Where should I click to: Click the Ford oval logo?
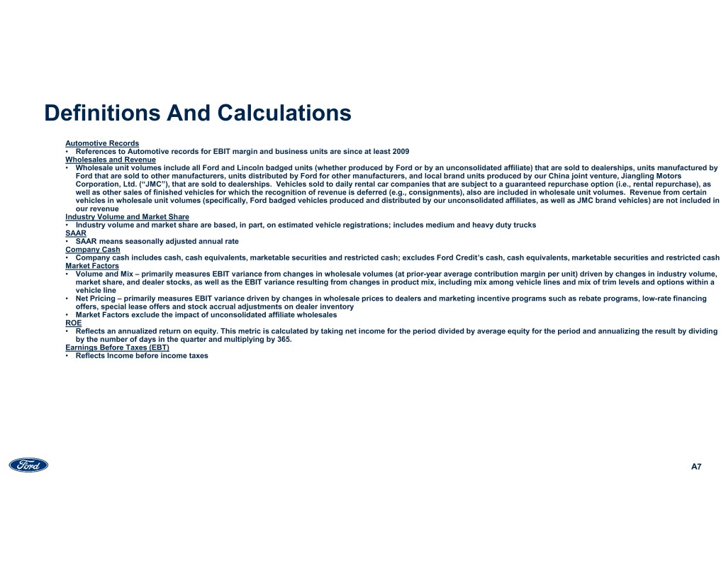click(x=28, y=465)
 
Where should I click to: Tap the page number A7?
click(x=696, y=467)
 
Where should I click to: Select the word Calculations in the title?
click(x=284, y=113)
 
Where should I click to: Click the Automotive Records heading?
click(x=102, y=143)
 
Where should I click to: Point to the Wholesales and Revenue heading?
click(x=111, y=160)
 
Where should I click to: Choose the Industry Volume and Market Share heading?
click(x=127, y=217)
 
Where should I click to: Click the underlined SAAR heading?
click(x=76, y=233)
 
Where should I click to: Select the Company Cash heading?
click(x=93, y=250)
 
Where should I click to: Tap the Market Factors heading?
click(x=92, y=266)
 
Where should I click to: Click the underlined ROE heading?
click(x=74, y=323)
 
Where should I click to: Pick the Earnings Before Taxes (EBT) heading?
click(x=118, y=348)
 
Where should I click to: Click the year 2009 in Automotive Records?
click(x=400, y=152)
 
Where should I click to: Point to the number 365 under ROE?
click(x=283, y=340)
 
